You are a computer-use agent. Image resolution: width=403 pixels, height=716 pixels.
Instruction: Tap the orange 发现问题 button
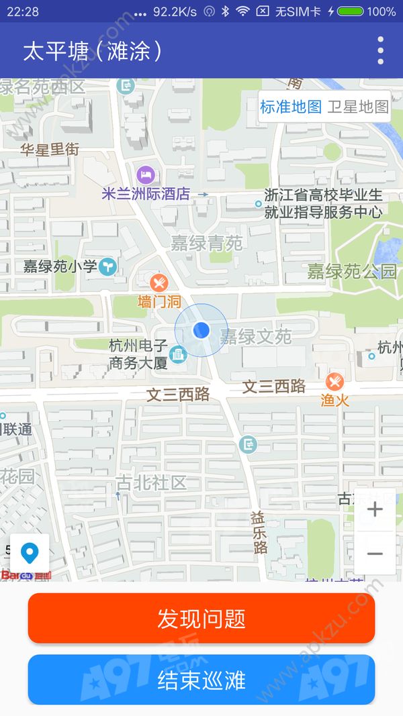point(201,618)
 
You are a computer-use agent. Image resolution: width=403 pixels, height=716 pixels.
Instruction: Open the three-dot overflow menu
point(381,51)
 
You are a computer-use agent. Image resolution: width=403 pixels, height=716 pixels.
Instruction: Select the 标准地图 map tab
point(291,107)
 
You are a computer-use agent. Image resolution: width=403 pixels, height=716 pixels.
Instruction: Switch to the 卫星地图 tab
point(358,107)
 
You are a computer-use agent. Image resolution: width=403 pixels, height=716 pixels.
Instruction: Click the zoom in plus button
point(375,510)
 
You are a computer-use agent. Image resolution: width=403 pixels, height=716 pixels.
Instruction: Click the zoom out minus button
point(375,554)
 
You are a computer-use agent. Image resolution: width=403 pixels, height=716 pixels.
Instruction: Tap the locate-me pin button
point(30,554)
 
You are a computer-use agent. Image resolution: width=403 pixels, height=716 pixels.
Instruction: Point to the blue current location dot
point(201,330)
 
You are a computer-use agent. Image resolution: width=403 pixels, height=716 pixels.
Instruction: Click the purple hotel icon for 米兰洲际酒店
point(146,176)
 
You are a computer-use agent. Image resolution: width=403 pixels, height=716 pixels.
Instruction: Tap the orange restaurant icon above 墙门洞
point(159,283)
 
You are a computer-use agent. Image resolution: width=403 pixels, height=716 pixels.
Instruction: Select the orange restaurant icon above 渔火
point(334,382)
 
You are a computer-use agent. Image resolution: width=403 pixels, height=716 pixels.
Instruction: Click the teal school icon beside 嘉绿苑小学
point(107,267)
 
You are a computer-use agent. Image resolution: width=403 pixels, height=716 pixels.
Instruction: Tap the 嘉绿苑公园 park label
point(352,272)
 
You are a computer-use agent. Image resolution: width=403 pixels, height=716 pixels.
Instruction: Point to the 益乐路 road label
point(259,532)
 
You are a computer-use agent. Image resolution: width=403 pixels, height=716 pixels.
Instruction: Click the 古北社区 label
point(151,482)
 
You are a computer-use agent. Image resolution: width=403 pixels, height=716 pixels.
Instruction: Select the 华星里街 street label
point(50,149)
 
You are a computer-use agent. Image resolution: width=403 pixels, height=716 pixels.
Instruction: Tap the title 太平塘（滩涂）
point(93,52)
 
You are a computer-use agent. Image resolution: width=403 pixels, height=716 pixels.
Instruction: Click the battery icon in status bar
point(351,11)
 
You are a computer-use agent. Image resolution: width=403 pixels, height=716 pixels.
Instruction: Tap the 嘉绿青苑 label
point(206,243)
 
